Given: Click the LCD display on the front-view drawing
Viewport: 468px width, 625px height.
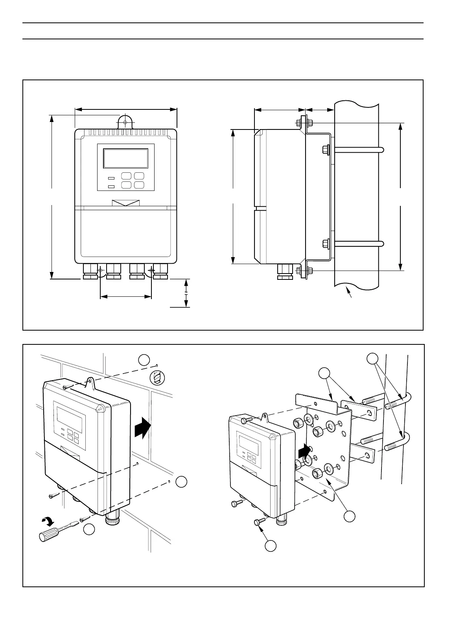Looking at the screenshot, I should point(126,159).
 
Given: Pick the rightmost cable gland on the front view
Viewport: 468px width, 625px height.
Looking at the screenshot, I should point(160,271).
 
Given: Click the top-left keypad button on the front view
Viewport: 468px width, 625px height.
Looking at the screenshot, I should point(126,176).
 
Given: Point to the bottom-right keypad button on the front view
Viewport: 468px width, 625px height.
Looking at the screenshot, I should point(139,185).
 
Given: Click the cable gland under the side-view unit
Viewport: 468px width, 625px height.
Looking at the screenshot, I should point(285,271).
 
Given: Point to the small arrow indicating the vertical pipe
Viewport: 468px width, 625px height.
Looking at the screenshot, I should point(348,293).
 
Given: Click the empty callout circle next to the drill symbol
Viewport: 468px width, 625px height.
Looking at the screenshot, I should point(144,360).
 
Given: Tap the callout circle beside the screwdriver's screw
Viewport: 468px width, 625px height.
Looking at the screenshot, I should point(89,530).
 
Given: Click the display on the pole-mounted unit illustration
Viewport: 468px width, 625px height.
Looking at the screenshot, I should point(249,442).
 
